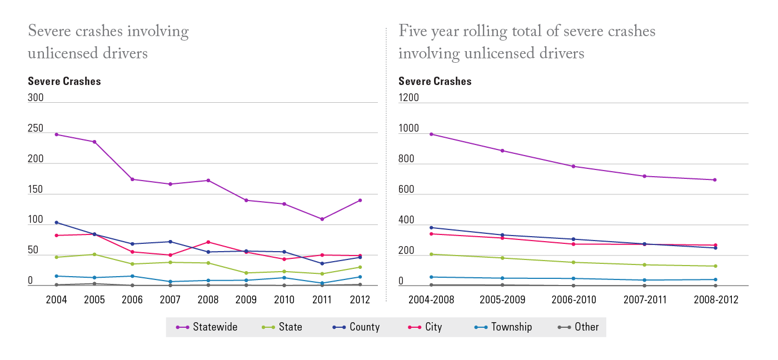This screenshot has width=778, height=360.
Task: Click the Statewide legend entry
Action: (207, 327)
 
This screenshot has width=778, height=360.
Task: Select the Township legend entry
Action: (503, 327)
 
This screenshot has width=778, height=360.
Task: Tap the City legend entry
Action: (425, 327)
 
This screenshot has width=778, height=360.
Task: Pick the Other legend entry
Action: (578, 327)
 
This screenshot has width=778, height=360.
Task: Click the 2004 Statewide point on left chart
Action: (57, 134)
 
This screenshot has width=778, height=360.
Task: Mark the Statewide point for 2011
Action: (322, 219)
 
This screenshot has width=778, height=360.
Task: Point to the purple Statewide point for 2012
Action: (360, 201)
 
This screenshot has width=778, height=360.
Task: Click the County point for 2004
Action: (57, 223)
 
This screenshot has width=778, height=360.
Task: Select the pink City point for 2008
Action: (208, 242)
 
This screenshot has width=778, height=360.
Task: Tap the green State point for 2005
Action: (94, 254)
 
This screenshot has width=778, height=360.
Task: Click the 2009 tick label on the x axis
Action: (246, 299)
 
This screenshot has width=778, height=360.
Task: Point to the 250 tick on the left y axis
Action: (36, 128)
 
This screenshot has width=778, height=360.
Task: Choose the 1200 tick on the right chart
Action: (408, 98)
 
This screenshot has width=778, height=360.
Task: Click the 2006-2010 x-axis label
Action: (573, 299)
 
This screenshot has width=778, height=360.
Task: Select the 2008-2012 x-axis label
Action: (716, 299)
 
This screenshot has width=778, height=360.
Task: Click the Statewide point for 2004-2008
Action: (431, 134)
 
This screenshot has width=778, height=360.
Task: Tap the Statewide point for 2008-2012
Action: (715, 180)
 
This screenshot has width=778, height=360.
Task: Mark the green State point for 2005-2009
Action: (502, 258)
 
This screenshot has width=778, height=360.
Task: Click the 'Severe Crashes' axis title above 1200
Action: (435, 81)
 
